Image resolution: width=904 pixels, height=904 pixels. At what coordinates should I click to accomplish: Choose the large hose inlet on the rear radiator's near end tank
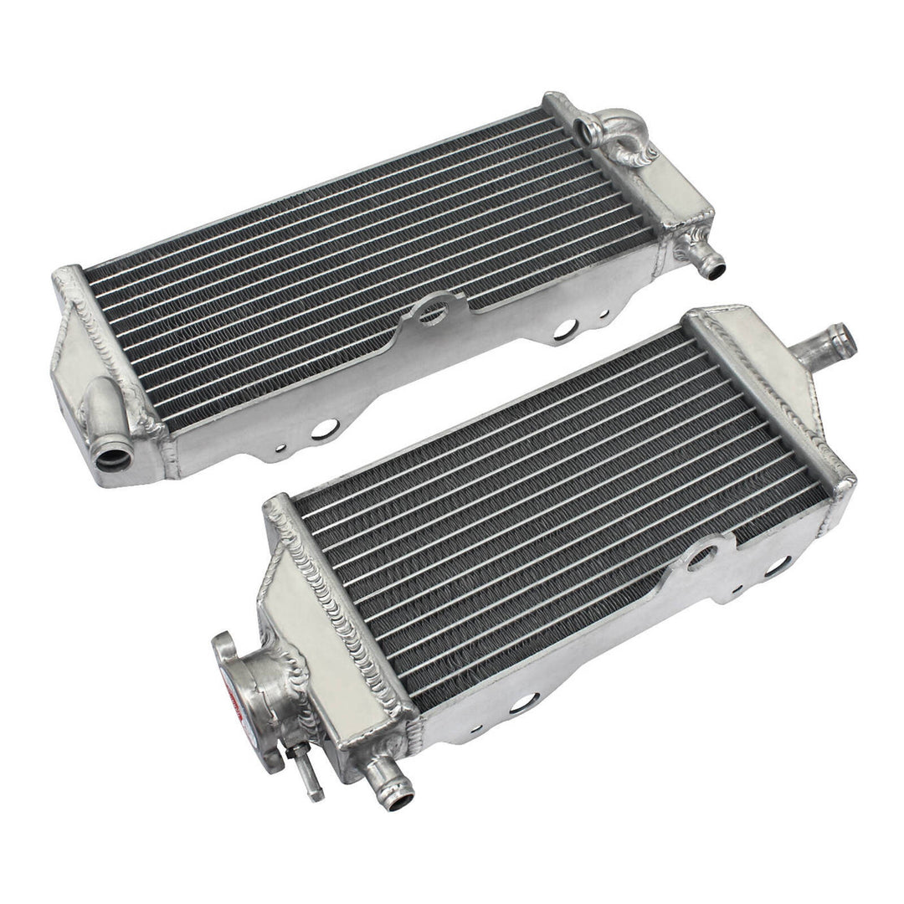pyautogui.click(x=111, y=457)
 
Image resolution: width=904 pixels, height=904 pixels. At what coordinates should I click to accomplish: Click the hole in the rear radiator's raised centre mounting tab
pyautogui.click(x=433, y=313)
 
